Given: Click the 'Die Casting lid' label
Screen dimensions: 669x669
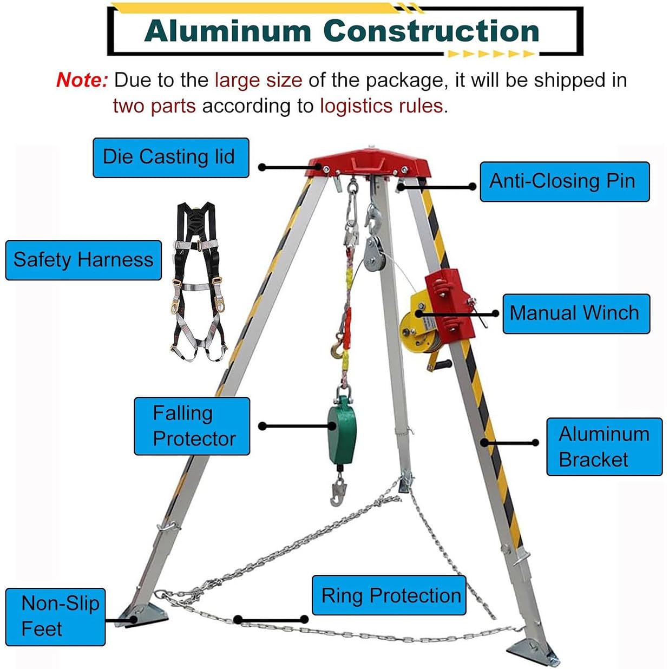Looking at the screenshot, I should click(x=170, y=158).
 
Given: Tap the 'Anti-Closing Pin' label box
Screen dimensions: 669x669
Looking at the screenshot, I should click(x=564, y=181).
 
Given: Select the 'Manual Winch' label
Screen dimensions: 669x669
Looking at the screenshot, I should click(x=575, y=313).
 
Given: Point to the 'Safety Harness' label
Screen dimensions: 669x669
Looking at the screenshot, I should click(x=83, y=260).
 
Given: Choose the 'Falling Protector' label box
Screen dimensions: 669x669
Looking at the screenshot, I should click(x=192, y=426).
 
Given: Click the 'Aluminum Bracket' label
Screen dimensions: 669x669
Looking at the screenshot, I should click(x=604, y=447).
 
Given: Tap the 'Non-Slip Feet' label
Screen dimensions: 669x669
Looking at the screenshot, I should click(x=55, y=616).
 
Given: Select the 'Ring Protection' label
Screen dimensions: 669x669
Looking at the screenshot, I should click(x=389, y=595).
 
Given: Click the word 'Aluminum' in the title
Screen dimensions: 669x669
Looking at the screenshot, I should click(x=228, y=31).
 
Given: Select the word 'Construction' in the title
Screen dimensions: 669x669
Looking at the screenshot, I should click(x=431, y=31).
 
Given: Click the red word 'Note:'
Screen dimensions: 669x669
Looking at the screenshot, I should click(x=82, y=81).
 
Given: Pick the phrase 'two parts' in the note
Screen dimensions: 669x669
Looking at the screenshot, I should click(x=154, y=106).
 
